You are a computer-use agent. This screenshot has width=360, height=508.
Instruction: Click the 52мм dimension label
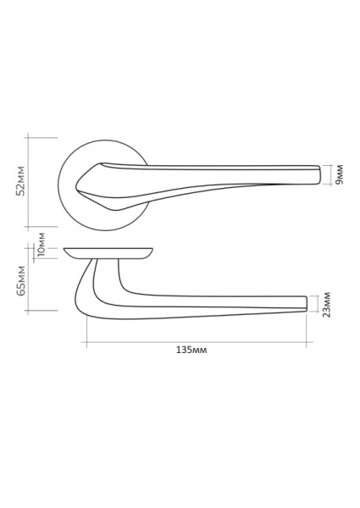(20, 181)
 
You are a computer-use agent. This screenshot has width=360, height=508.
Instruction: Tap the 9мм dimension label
(339, 174)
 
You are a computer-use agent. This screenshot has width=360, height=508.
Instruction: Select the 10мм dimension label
(42, 245)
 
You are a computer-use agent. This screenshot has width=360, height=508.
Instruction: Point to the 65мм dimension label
(20, 280)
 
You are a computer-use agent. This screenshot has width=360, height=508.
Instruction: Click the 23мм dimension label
(327, 305)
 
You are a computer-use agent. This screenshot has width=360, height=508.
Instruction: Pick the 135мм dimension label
(191, 350)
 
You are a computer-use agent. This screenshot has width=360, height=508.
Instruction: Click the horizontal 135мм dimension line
(197, 342)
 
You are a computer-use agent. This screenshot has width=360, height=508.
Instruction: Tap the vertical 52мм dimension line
(29, 182)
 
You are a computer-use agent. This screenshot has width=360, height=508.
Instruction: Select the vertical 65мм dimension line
(29, 279)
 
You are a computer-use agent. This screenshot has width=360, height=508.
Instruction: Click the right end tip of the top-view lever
(320, 175)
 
